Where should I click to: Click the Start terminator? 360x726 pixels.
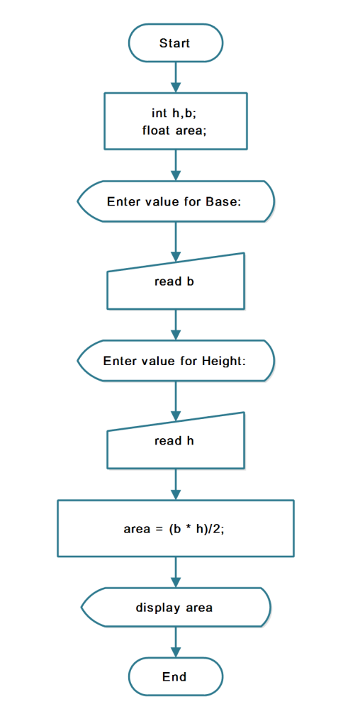click(x=176, y=43)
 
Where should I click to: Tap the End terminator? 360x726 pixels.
click(x=176, y=676)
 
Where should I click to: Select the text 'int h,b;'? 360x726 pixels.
click(x=174, y=113)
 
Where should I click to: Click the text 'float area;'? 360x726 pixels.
click(x=174, y=131)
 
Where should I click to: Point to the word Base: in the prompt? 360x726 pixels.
click(x=224, y=202)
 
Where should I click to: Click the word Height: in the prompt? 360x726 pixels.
click(x=223, y=361)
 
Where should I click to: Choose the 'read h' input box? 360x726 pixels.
click(x=176, y=441)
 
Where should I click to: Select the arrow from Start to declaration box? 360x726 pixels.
click(x=176, y=77)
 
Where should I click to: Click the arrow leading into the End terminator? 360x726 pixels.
click(x=176, y=642)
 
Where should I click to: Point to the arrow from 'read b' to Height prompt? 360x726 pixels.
click(x=176, y=325)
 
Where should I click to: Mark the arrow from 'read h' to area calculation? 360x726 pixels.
click(x=176, y=484)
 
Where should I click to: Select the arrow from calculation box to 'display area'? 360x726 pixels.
click(x=176, y=572)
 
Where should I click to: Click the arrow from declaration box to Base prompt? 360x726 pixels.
click(x=176, y=164)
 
